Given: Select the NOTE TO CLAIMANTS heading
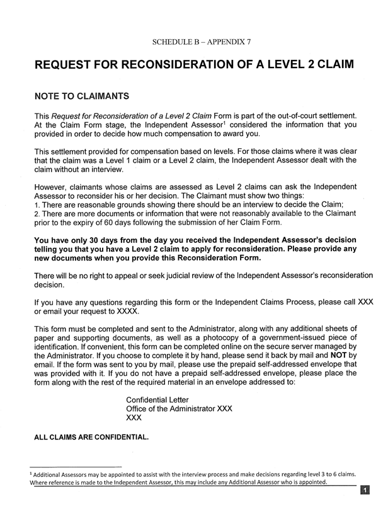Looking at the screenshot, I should [x=81, y=97].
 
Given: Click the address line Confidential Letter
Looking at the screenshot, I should [x=157, y=400].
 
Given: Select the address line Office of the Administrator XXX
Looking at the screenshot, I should [x=180, y=409].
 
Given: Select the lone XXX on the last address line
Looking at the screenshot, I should [x=134, y=418].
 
